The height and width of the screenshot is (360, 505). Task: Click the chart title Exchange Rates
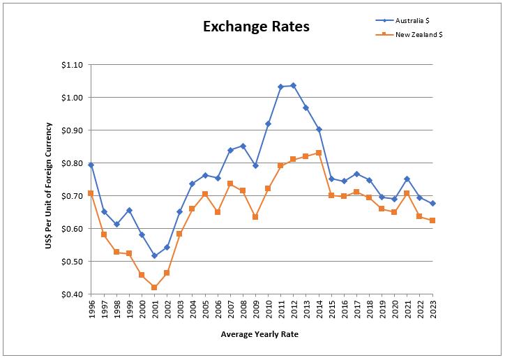pyautogui.click(x=256, y=27)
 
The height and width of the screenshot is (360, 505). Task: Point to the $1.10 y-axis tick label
pyautogui.click(x=72, y=65)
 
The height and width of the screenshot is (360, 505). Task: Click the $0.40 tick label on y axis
pyautogui.click(x=72, y=294)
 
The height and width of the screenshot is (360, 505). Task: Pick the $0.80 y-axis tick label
pyautogui.click(x=72, y=163)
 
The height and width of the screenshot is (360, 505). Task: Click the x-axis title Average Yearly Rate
pyautogui.click(x=259, y=334)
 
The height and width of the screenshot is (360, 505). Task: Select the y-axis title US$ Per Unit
pyautogui.click(x=49, y=180)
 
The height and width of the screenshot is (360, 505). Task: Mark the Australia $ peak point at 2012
pyautogui.click(x=293, y=85)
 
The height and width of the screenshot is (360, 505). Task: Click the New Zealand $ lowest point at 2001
pyautogui.click(x=154, y=287)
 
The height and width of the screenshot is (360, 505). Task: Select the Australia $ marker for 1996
pyautogui.click(x=91, y=165)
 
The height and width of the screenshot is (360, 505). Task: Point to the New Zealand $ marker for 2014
pyautogui.click(x=319, y=153)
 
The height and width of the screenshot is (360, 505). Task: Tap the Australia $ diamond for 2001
pyautogui.click(x=154, y=256)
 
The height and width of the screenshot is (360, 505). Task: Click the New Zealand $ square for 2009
pyautogui.click(x=255, y=217)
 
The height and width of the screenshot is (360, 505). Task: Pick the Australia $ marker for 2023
pyautogui.click(x=432, y=204)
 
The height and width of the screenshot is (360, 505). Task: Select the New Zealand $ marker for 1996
pyautogui.click(x=91, y=193)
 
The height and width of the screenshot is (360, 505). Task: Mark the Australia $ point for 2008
pyautogui.click(x=243, y=146)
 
